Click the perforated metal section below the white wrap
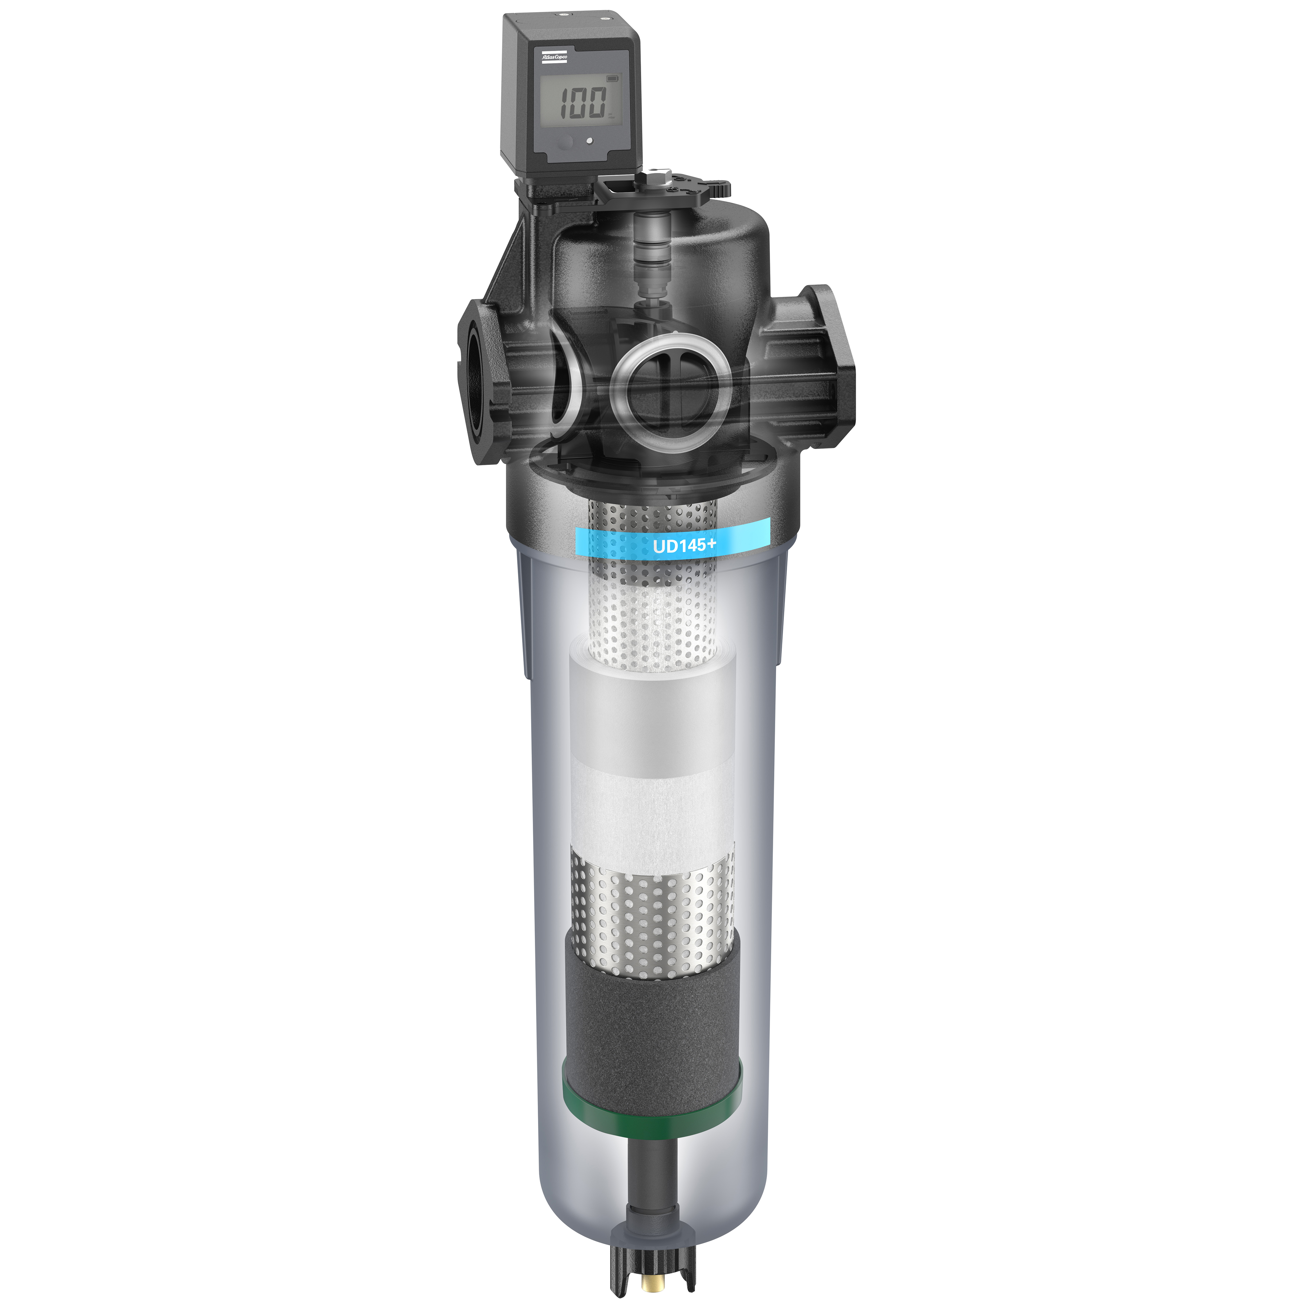pos(653,919)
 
